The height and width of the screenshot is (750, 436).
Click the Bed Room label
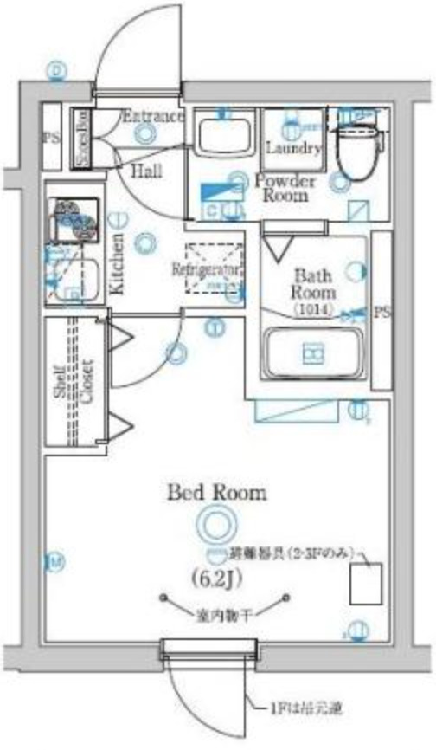pyautogui.click(x=216, y=493)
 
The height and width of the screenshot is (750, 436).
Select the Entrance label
pyautogui.click(x=153, y=116)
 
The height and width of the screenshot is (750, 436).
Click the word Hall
pyautogui.click(x=146, y=171)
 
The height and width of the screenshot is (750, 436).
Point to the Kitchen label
pyautogui.click(x=117, y=264)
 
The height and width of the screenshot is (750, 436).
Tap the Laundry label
pyautogui.click(x=294, y=147)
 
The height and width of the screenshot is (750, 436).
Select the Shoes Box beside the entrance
pyautogui.click(x=80, y=139)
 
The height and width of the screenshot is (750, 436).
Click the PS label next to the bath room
pyautogui.click(x=381, y=311)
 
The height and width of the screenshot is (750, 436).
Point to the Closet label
pyautogui.click(x=87, y=380)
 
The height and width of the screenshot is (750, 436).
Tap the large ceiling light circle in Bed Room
pyautogui.click(x=215, y=523)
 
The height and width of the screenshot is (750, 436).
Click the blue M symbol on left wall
pyautogui.click(x=56, y=563)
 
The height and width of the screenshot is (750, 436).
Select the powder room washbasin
pyautogui.click(x=223, y=134)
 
